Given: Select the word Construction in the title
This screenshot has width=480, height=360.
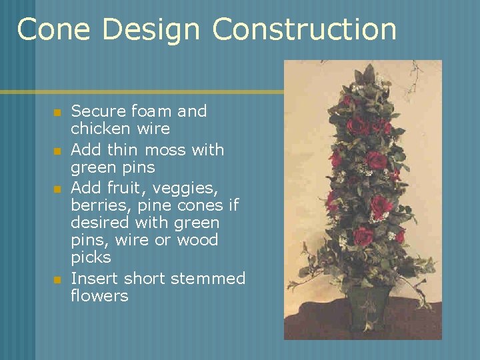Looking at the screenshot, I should click(304, 30).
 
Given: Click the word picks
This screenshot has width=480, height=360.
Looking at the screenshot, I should click(91, 257).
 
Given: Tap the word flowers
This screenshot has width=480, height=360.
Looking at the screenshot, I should click(99, 295).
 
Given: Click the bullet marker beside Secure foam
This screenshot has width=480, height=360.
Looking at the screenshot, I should click(57, 112).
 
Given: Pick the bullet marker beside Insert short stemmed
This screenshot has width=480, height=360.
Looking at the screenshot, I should click(57, 279).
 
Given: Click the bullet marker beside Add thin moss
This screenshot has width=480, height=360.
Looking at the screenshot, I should click(57, 151).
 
